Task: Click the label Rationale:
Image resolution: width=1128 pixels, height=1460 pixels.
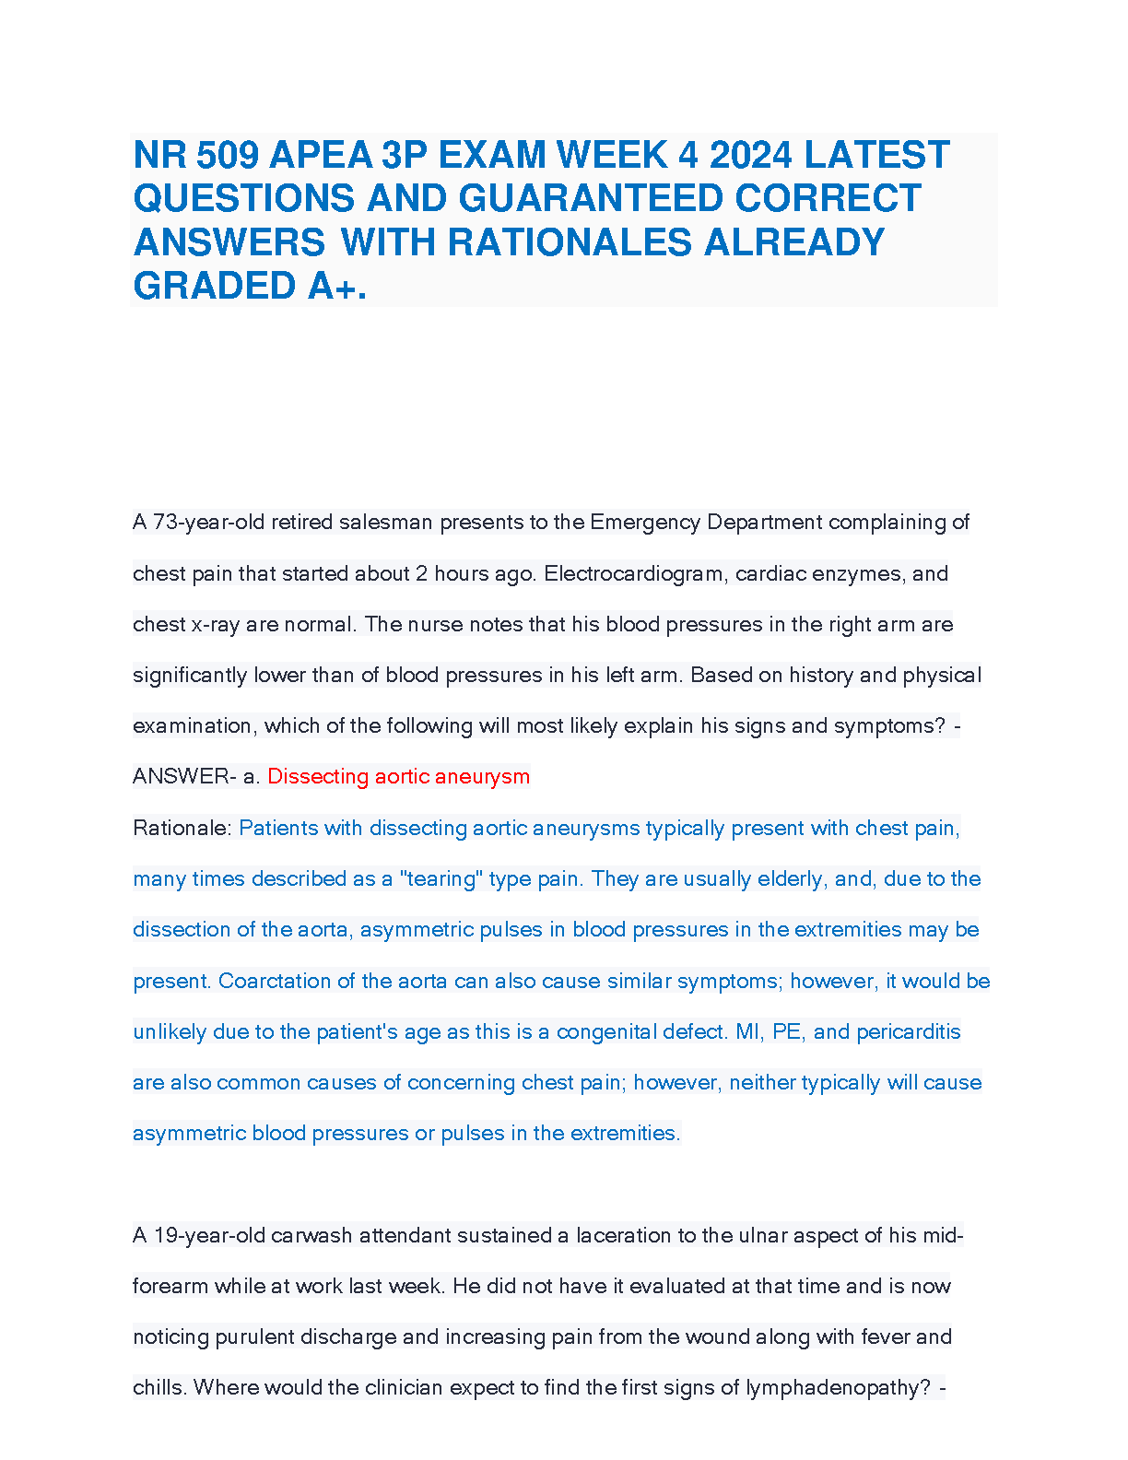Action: pyautogui.click(x=182, y=829)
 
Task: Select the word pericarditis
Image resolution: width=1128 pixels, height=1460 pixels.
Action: pyautogui.click(x=909, y=1032)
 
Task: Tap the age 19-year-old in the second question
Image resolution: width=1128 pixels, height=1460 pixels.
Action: pyautogui.click(x=209, y=1236)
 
